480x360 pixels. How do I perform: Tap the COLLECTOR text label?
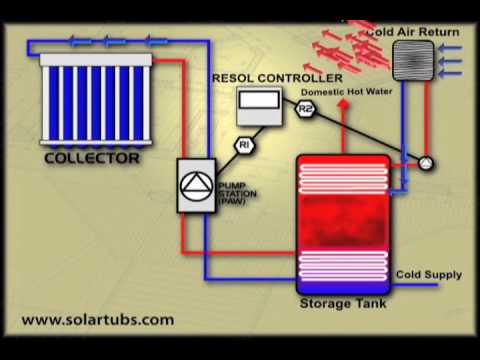point(92,158)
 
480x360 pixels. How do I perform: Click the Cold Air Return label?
point(413,31)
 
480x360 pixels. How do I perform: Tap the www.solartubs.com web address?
point(97,320)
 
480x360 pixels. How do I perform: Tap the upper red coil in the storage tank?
point(344,176)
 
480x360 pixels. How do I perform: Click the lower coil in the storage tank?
point(344,266)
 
